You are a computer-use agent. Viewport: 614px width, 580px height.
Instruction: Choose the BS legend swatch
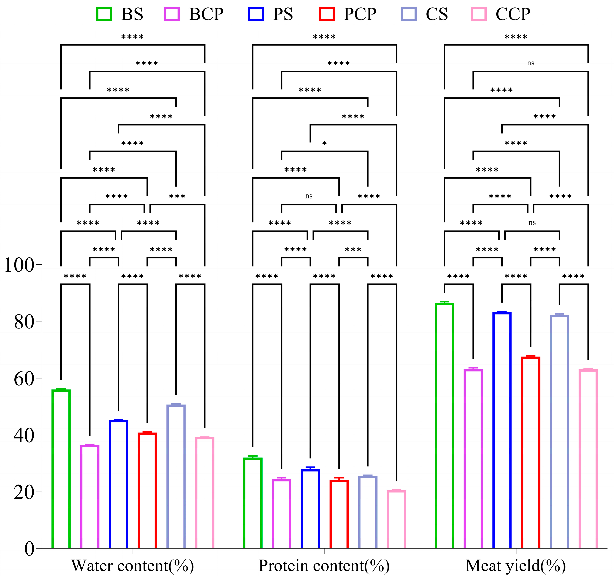[x=104, y=14]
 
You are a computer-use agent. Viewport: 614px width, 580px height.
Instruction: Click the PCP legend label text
[x=360, y=14]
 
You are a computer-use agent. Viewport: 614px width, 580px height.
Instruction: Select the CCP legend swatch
[x=479, y=14]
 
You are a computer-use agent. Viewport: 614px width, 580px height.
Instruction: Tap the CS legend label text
[x=437, y=14]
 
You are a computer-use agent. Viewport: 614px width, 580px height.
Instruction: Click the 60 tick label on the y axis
[x=24, y=378]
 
